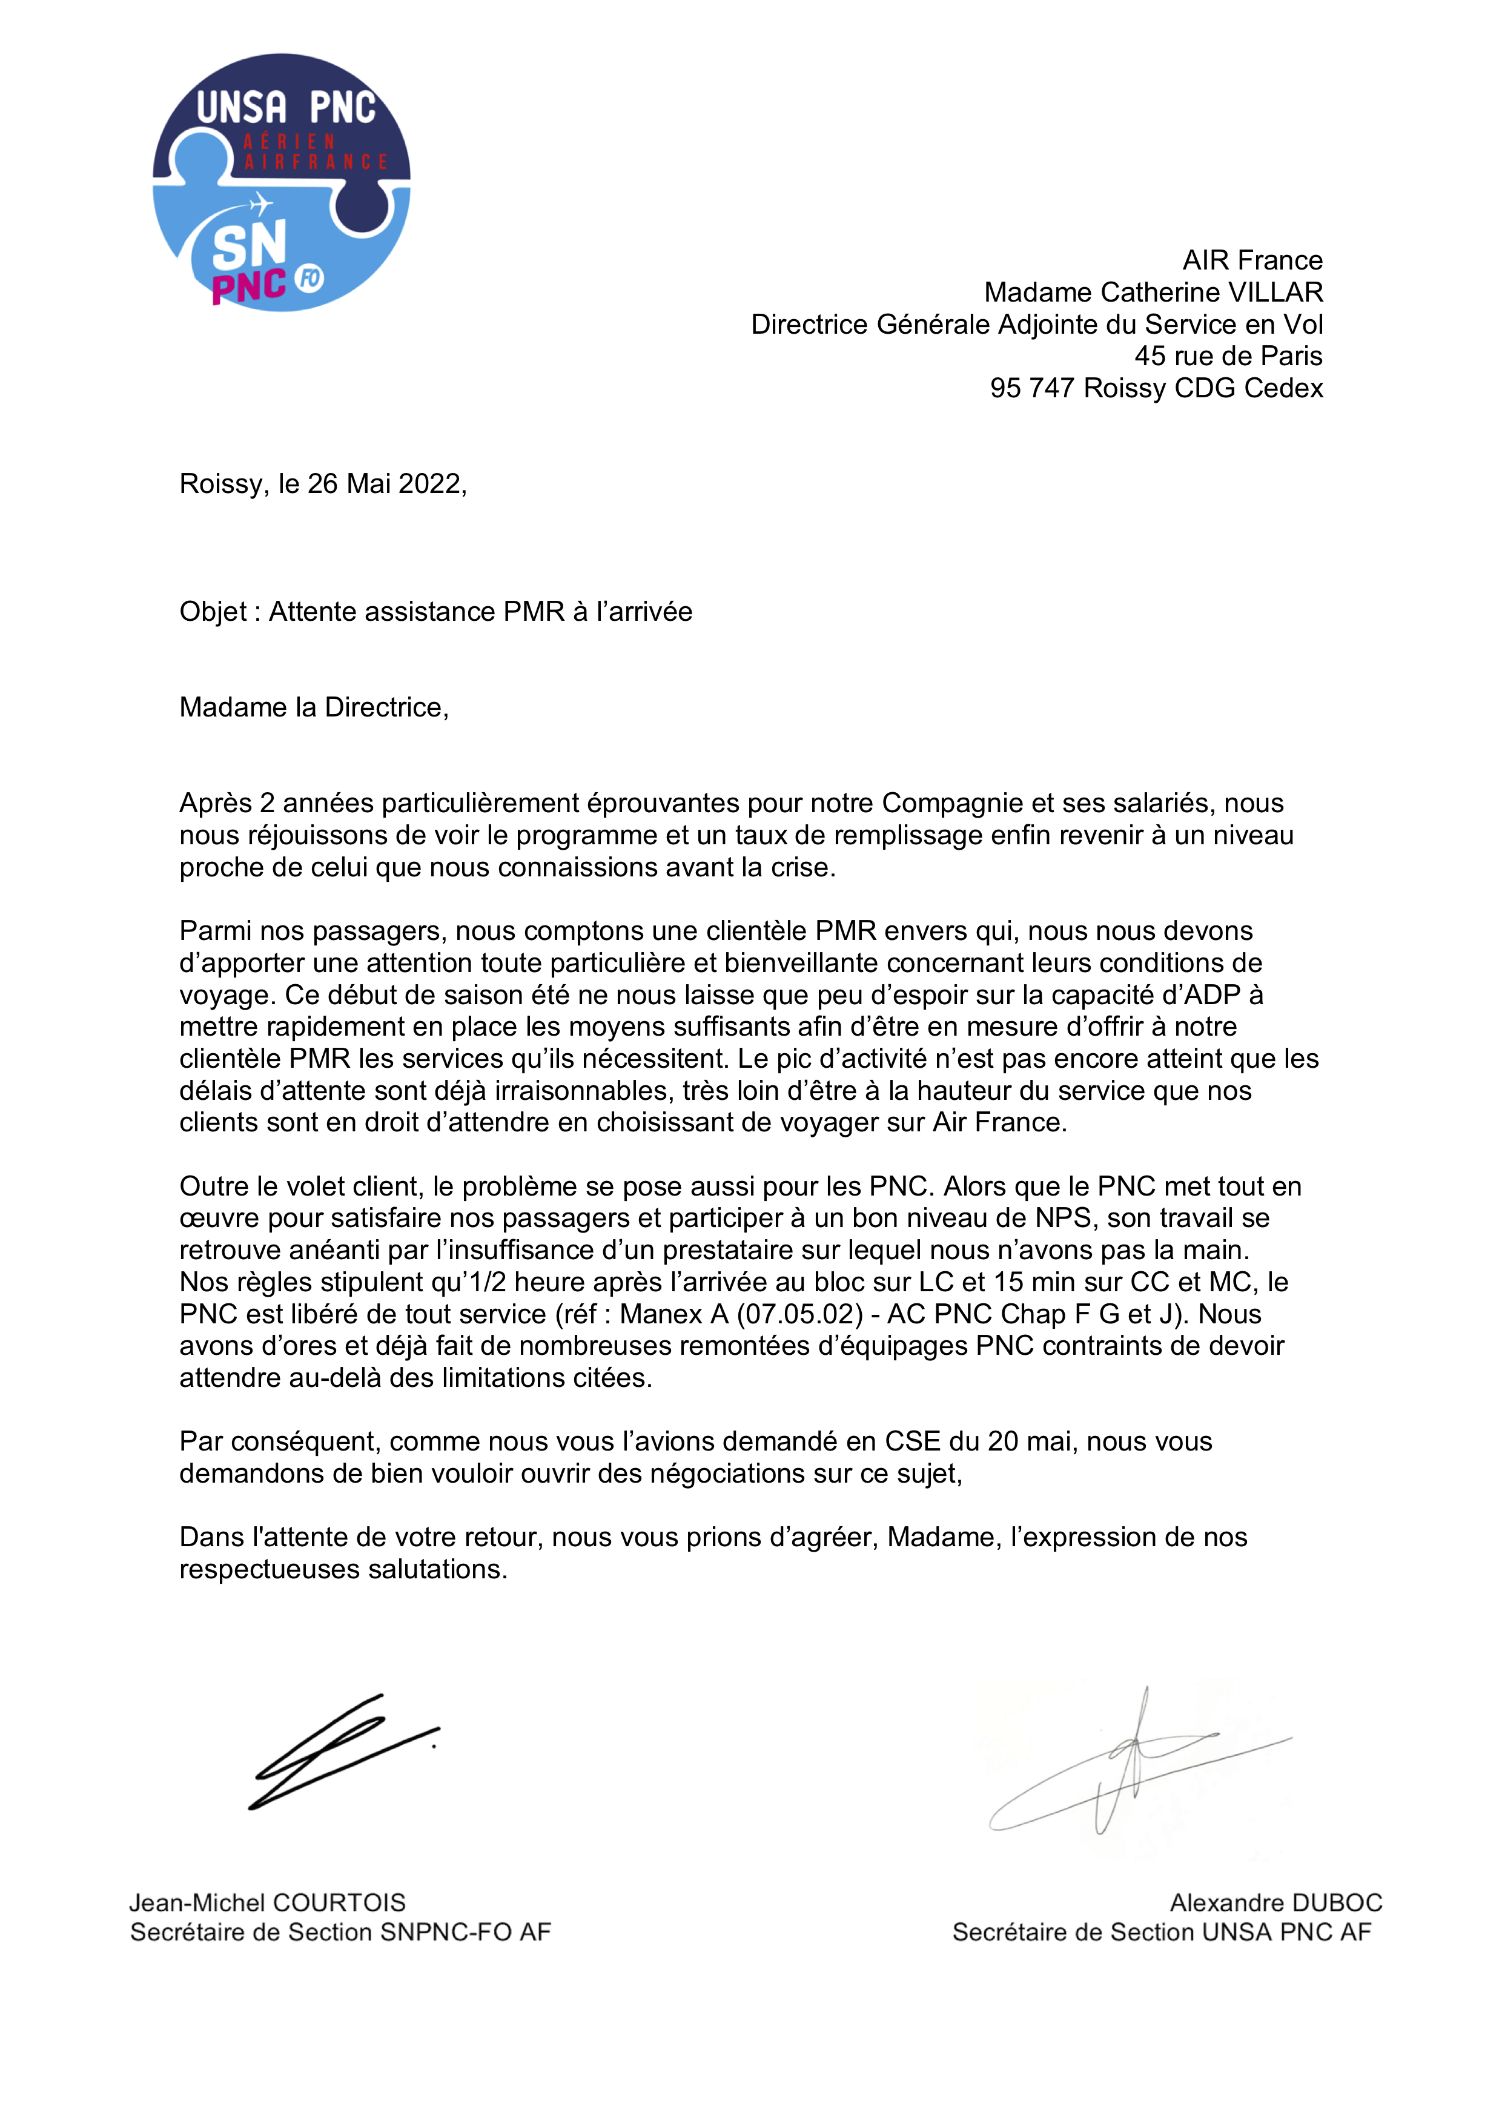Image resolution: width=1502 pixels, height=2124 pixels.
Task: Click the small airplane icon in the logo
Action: pyautogui.click(x=262, y=203)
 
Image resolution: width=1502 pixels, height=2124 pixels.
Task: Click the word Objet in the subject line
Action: pyautogui.click(x=213, y=612)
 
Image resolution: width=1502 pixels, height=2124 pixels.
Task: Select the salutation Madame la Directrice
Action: pyautogui.click(x=314, y=707)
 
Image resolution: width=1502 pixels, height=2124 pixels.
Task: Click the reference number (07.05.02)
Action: pyautogui.click(x=800, y=1314)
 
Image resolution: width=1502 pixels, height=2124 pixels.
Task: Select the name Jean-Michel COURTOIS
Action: pyautogui.click(x=267, y=1903)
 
